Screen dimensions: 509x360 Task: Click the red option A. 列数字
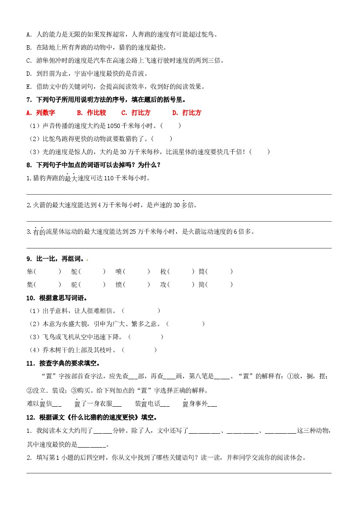pyautogui.click(x=41, y=113)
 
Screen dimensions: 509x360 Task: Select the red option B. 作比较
pyautogui.click(x=91, y=113)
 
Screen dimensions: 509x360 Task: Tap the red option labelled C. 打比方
pyautogui.click(x=136, y=113)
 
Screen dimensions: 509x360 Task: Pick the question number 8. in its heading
pyautogui.click(x=29, y=165)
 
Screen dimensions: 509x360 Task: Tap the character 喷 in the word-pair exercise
pyautogui.click(x=119, y=272)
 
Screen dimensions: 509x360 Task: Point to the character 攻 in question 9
pyautogui.click(x=163, y=285)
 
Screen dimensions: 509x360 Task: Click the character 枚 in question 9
pyautogui.click(x=163, y=272)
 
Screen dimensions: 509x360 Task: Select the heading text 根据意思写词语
pyautogui.click(x=62, y=298)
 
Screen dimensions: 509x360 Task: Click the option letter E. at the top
pyautogui.click(x=29, y=87)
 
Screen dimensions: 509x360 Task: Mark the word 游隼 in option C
pyautogui.click(x=42, y=61)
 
